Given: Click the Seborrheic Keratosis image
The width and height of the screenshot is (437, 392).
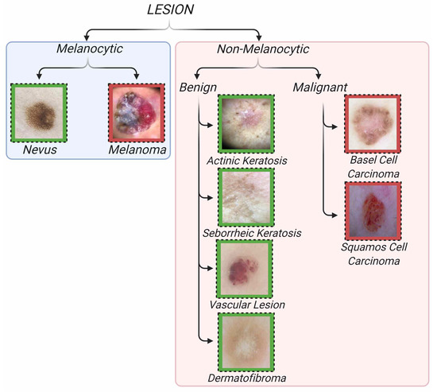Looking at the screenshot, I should [x=246, y=196].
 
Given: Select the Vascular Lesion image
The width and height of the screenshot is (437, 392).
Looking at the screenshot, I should [x=246, y=269].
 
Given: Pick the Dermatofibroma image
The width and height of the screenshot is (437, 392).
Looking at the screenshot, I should [x=246, y=340].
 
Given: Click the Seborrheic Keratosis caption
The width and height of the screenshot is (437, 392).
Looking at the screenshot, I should [x=246, y=232].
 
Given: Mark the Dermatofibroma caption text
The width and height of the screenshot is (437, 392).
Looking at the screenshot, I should [x=246, y=378].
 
